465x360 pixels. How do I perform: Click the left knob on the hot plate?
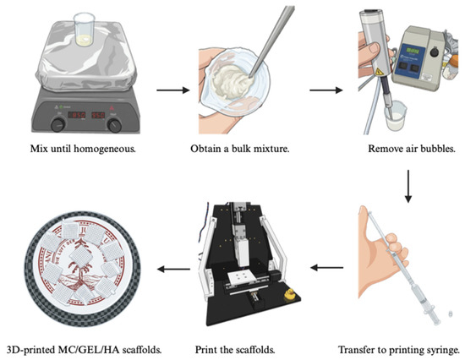(58, 124)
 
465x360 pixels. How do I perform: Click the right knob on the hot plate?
(114, 125)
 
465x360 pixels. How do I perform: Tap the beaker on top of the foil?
(85, 30)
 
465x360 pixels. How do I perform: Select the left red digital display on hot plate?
(77, 115)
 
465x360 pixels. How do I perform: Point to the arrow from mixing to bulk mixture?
(172, 90)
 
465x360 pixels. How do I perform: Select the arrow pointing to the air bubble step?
(325, 90)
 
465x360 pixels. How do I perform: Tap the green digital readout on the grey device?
(413, 51)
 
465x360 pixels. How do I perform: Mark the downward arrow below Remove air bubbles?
(408, 186)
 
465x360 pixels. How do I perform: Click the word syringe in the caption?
(441, 351)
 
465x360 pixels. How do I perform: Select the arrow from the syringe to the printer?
(327, 268)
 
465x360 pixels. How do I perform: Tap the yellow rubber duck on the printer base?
(289, 294)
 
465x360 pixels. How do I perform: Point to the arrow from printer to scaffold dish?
(173, 270)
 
